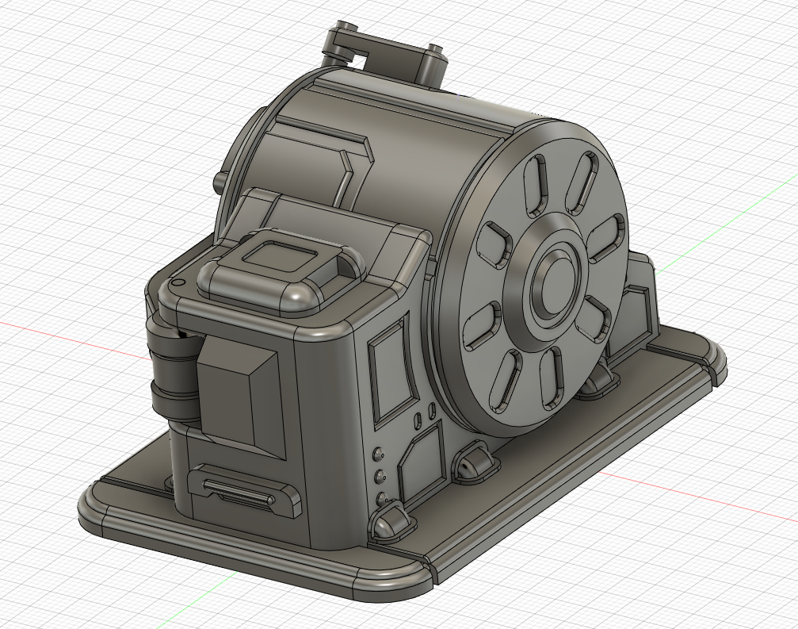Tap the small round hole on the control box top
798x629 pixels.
(178, 282)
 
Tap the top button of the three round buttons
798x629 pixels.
(379, 455)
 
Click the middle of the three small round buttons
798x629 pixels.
(380, 477)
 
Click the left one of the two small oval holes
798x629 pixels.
(418, 419)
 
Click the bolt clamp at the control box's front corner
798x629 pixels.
(391, 524)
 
